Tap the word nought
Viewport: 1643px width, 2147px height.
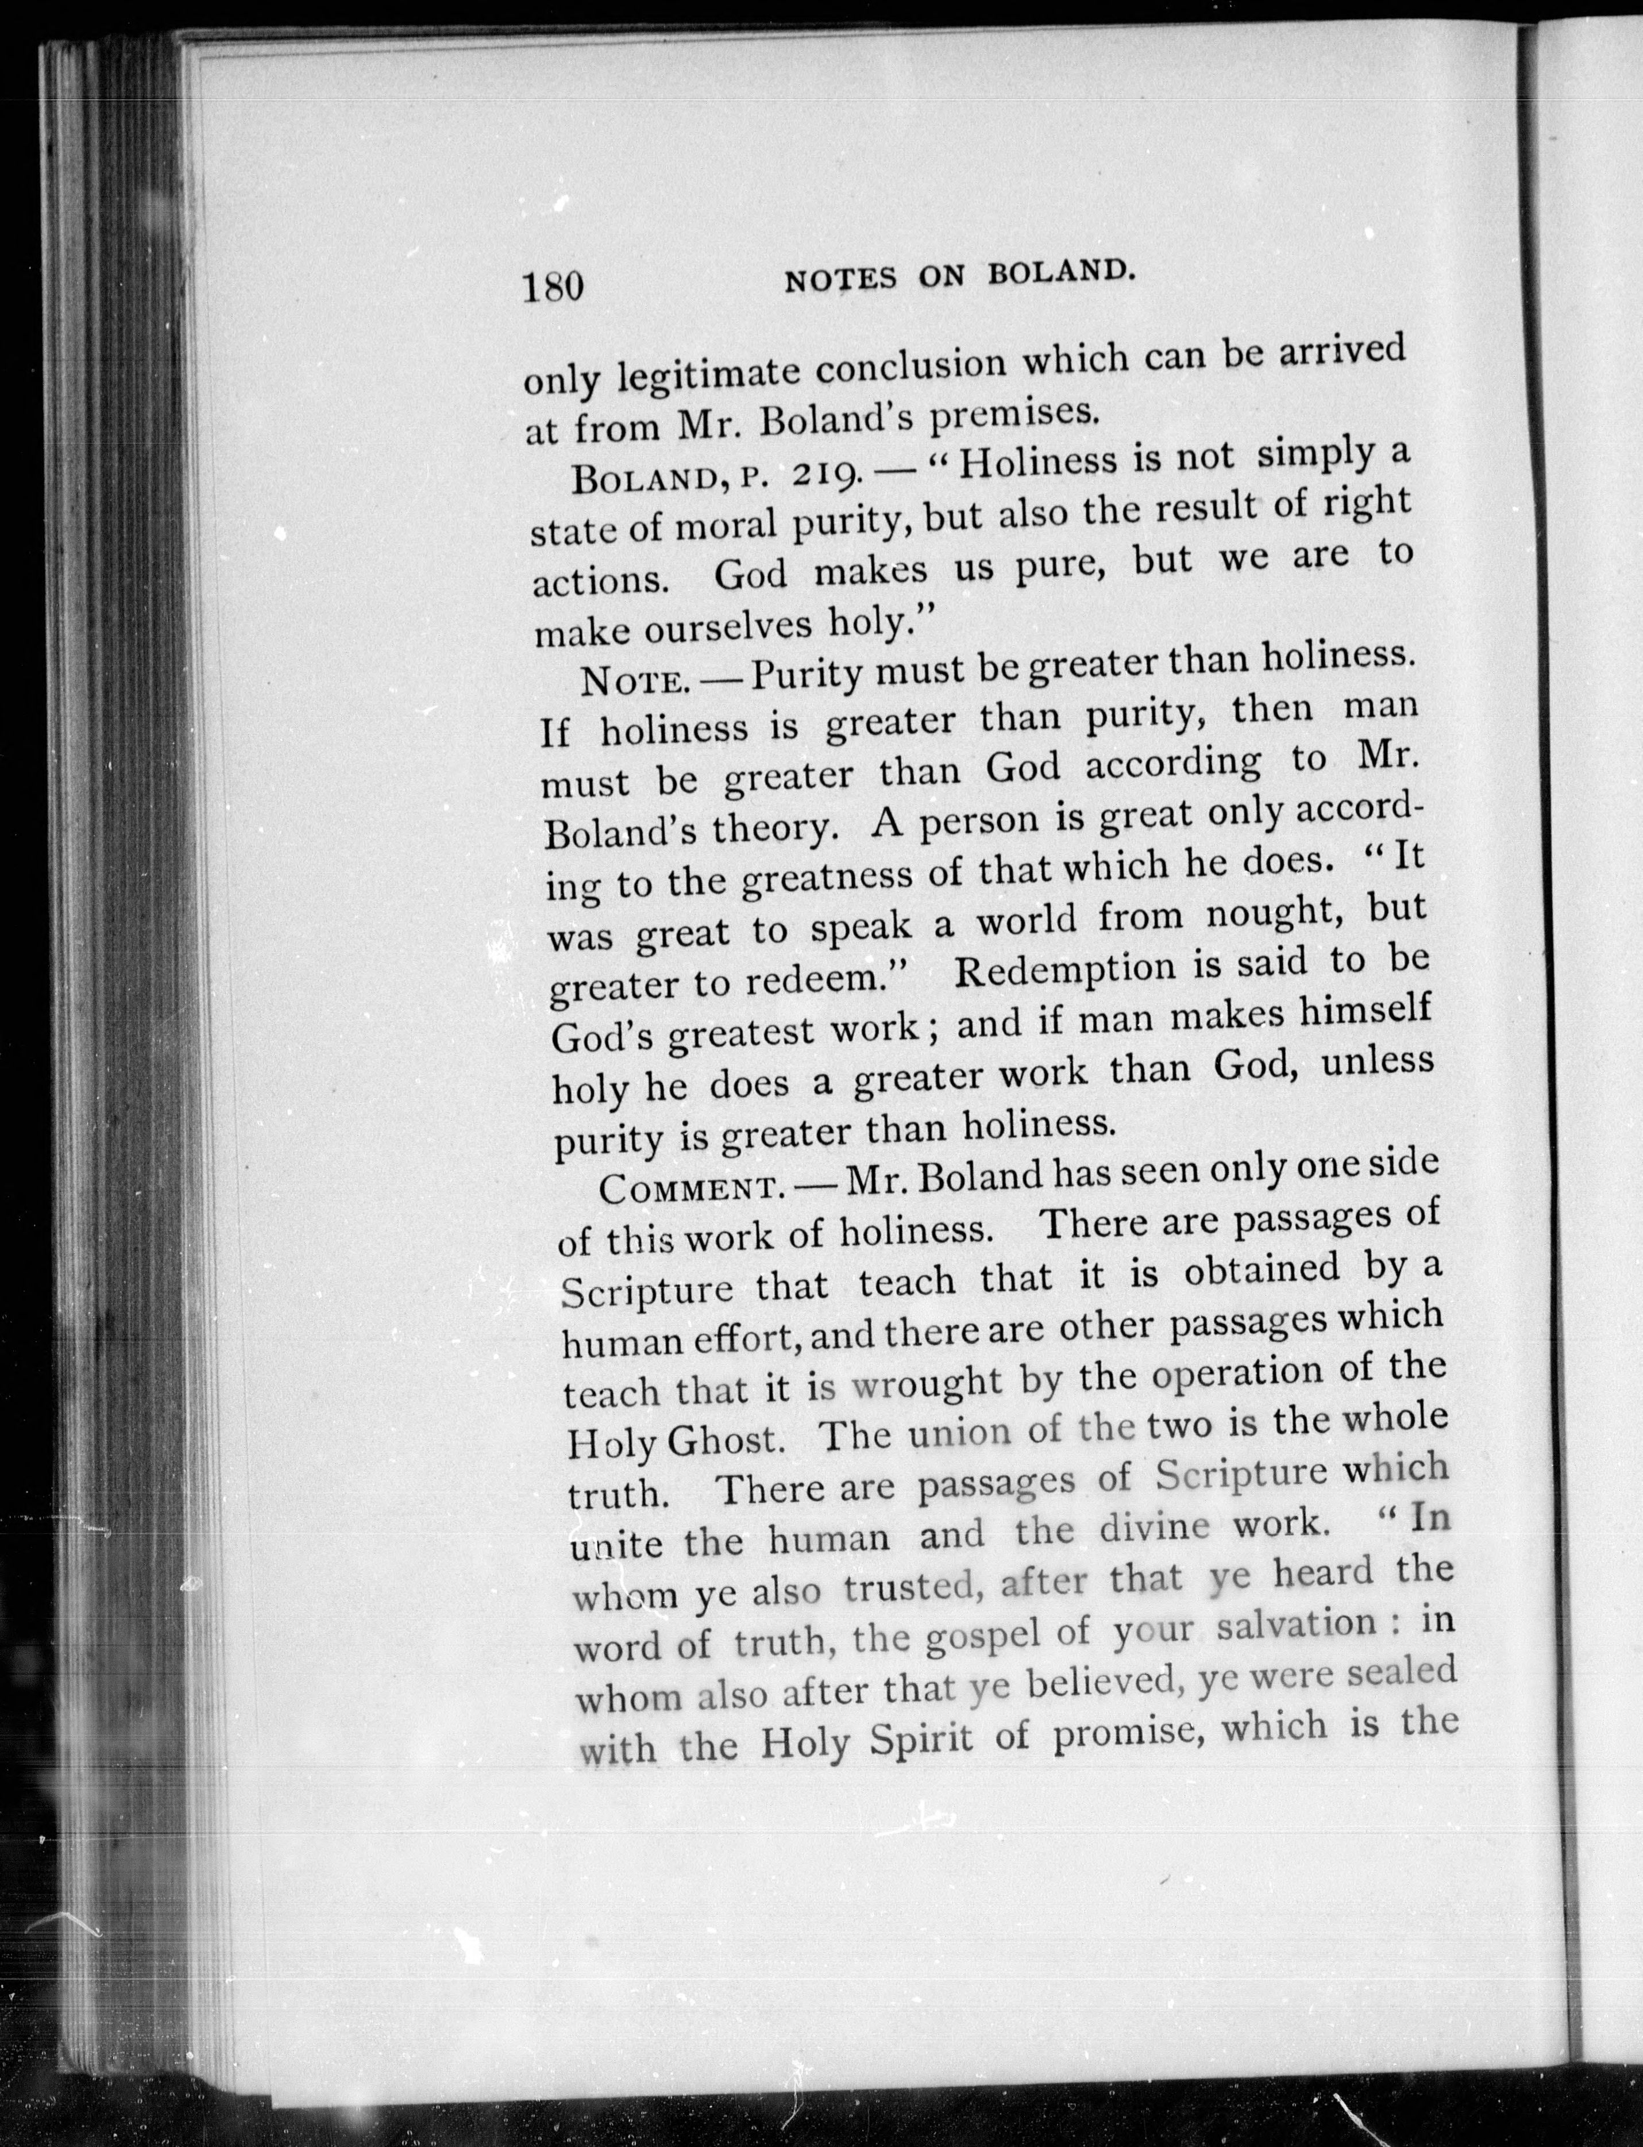tap(1270, 914)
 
